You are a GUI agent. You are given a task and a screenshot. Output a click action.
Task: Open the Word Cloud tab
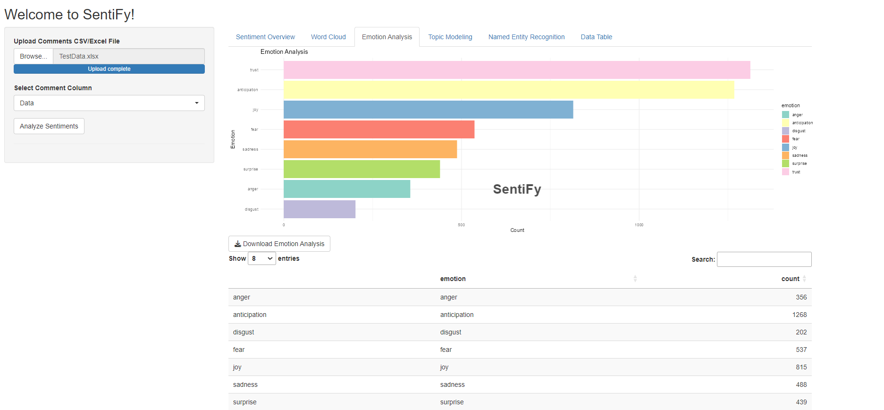coord(328,37)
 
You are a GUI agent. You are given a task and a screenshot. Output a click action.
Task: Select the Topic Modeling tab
coord(450,37)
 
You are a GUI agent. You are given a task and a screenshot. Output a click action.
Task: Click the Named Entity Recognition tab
coord(526,37)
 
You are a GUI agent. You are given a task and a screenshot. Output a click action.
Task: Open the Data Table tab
coord(596,37)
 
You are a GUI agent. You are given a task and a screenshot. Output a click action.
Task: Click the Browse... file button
coord(34,56)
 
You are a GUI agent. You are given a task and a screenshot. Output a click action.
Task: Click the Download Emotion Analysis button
coord(279,244)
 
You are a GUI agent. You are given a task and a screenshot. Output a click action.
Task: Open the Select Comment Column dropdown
coord(109,103)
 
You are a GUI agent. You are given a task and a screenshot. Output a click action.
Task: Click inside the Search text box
coord(764,259)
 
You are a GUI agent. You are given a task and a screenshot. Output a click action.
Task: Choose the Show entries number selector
coord(262,258)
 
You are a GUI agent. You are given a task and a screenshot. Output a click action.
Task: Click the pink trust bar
coord(516,70)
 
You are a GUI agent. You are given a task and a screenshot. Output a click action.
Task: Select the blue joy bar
coord(428,110)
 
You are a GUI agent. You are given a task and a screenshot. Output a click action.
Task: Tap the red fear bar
coord(379,129)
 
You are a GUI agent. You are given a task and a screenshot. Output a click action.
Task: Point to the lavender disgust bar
coord(319,209)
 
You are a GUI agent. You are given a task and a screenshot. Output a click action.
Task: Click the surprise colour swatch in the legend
coord(785,163)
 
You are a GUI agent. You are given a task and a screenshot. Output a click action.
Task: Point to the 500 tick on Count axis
coord(461,225)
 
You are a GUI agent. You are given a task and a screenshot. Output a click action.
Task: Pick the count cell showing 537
coord(801,350)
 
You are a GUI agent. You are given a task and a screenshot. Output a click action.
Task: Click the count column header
coord(790,279)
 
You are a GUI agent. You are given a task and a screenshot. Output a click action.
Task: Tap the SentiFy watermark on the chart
coord(517,189)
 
